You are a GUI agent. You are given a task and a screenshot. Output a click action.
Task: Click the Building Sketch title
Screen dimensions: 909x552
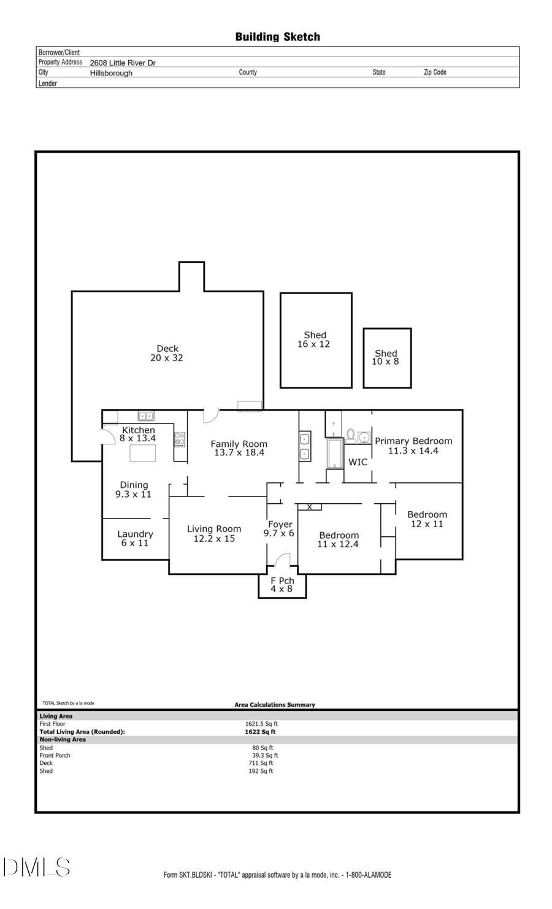[x=277, y=37]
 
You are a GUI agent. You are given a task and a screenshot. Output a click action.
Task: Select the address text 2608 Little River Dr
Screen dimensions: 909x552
[x=123, y=63]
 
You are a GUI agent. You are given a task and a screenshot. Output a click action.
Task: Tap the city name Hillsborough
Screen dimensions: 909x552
[x=111, y=73]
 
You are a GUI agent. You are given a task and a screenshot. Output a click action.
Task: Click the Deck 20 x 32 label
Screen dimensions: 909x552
[x=167, y=353]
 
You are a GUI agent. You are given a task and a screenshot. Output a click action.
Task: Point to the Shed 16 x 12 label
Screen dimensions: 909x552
[x=314, y=340]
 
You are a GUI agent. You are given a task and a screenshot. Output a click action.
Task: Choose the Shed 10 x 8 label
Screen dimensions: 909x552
[x=386, y=357]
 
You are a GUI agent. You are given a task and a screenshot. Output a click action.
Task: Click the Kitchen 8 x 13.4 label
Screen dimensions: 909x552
[x=138, y=434]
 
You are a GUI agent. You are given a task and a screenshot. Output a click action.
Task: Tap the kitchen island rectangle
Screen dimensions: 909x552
[x=142, y=453]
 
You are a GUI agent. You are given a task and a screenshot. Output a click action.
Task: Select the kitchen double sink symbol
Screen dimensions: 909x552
[x=146, y=416]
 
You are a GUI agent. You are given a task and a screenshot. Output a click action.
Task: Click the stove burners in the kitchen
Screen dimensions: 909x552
[x=180, y=439]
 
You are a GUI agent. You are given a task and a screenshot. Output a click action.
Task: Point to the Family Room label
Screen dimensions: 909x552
[x=239, y=448]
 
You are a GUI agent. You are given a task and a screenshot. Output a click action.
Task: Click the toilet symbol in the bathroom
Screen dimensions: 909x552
[x=351, y=436]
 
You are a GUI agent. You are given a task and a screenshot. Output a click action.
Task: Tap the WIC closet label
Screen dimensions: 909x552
[x=358, y=462]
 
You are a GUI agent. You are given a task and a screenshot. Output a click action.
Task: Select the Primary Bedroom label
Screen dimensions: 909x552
[x=413, y=446]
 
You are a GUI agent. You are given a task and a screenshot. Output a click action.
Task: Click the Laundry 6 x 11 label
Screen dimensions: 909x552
[x=135, y=538]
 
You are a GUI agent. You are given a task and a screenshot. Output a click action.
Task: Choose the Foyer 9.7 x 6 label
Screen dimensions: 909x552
[x=279, y=528]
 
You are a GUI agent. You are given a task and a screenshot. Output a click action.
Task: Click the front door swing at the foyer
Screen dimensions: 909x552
[x=282, y=560]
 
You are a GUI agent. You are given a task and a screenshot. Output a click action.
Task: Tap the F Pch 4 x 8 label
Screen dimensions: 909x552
[x=282, y=585]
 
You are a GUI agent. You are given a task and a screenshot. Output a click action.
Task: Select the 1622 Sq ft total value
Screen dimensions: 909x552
[x=260, y=732]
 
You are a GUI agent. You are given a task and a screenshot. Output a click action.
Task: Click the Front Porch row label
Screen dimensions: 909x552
[x=55, y=755]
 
